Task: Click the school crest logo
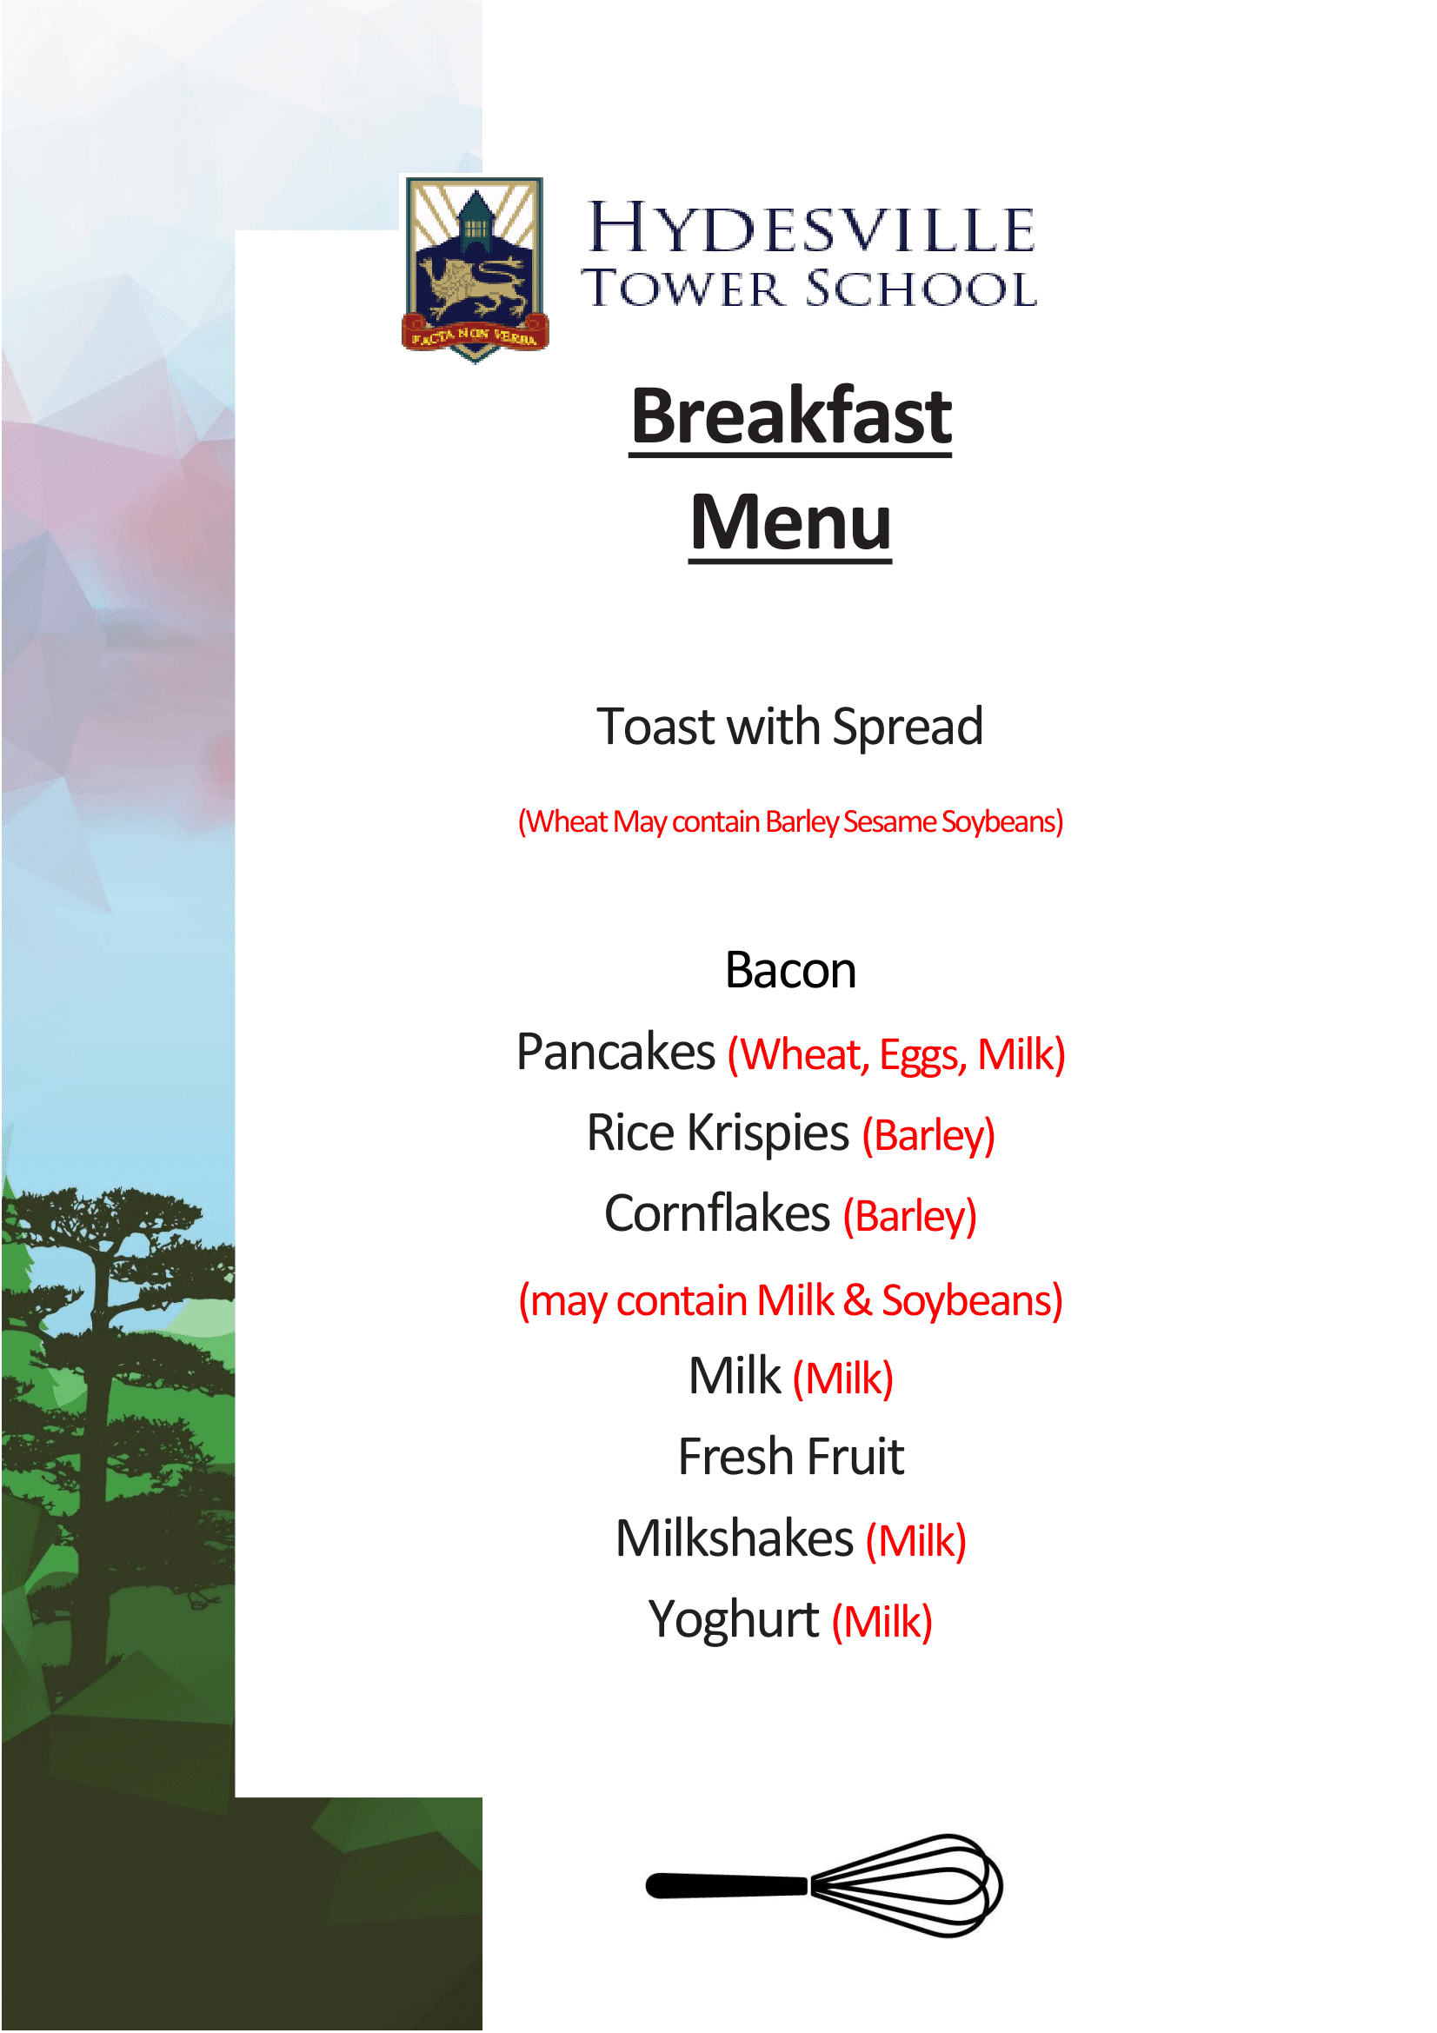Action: [475, 269]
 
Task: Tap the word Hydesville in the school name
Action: [811, 228]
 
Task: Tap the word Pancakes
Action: [615, 1052]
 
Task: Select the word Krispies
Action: [768, 1135]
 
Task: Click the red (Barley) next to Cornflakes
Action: [909, 1219]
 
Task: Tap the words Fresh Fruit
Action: [791, 1458]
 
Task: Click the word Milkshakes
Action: [735, 1539]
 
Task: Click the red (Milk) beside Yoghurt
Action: [881, 1623]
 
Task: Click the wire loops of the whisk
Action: [907, 1885]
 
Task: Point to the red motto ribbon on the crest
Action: [475, 335]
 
